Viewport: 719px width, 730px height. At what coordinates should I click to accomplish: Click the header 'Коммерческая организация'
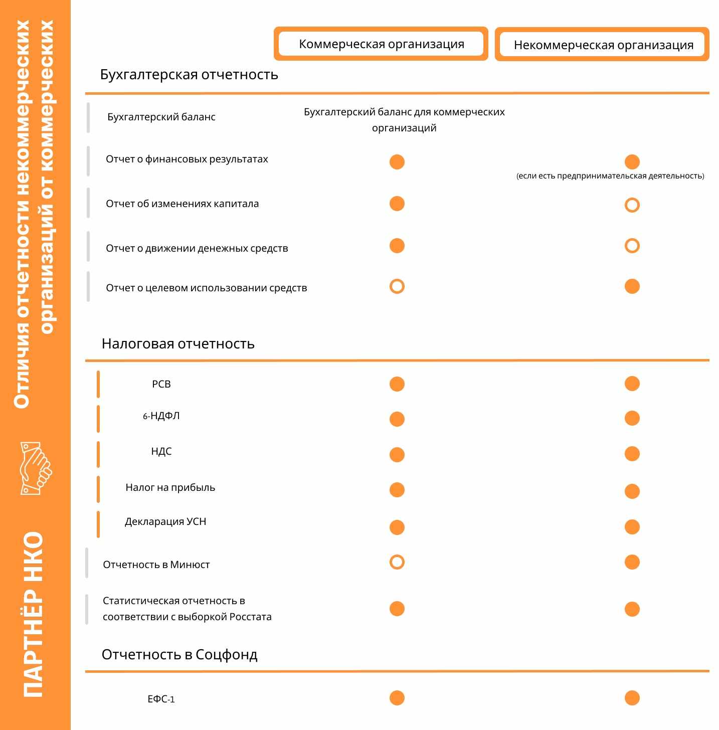pos(381,44)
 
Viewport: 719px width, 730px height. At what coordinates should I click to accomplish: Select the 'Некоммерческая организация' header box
pos(603,45)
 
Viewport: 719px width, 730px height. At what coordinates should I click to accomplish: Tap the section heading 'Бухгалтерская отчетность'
pos(189,75)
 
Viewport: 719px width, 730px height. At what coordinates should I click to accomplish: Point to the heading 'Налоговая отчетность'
pos(178,344)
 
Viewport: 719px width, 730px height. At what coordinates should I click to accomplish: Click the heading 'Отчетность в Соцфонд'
pos(179,655)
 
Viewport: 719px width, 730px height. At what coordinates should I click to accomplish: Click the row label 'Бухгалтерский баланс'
pos(161,117)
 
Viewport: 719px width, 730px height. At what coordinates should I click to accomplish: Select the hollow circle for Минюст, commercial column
pos(397,562)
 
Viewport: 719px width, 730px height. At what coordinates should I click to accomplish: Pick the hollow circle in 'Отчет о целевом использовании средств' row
pos(397,286)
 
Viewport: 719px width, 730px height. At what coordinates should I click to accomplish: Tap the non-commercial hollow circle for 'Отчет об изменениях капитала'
pos(632,205)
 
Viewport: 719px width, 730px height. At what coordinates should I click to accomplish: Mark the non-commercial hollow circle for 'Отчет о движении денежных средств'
pos(632,246)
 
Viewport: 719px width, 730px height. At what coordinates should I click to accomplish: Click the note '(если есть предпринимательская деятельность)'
pos(610,176)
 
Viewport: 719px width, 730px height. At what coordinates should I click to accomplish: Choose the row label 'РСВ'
pos(161,385)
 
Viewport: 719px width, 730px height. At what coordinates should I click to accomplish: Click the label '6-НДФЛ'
pos(161,416)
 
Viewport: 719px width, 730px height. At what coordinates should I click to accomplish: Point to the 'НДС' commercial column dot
pos(397,455)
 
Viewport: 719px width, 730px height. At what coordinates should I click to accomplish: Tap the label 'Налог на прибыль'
pos(170,488)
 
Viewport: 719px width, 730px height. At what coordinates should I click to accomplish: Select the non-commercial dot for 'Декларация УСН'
pos(632,527)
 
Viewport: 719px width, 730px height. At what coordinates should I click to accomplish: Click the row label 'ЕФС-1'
pos(161,699)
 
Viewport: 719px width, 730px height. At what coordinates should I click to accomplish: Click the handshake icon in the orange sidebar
pos(36,468)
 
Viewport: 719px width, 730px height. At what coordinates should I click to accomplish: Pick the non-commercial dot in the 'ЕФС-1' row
pos(632,698)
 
